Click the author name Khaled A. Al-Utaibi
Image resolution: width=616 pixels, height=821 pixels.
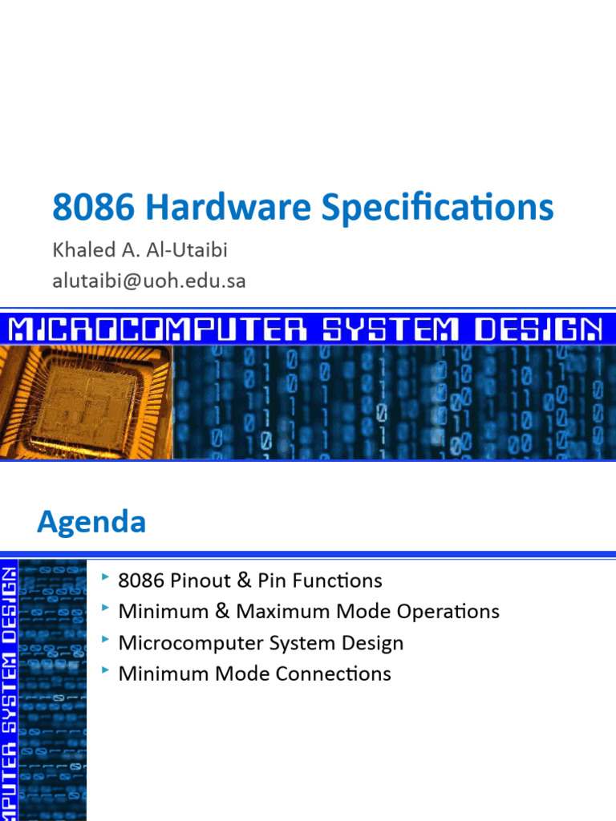[x=140, y=250]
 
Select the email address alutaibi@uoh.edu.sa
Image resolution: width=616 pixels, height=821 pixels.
[x=149, y=281]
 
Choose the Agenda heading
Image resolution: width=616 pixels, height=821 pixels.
[x=91, y=523]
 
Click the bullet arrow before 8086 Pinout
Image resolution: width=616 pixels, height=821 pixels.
[x=106, y=578]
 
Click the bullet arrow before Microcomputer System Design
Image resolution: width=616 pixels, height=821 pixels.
[x=106, y=641]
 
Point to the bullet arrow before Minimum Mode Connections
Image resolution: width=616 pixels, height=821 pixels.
[x=106, y=671]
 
